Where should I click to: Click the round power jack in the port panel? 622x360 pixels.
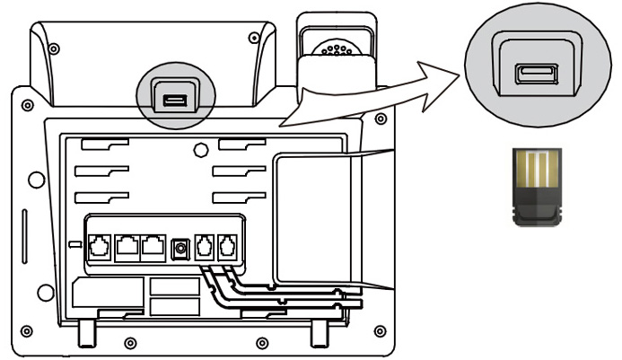click(181, 246)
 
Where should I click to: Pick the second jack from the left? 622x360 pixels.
click(127, 244)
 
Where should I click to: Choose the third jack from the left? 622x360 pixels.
click(153, 244)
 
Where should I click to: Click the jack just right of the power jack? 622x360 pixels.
click(205, 244)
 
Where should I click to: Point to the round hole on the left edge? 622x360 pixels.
click(36, 180)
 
